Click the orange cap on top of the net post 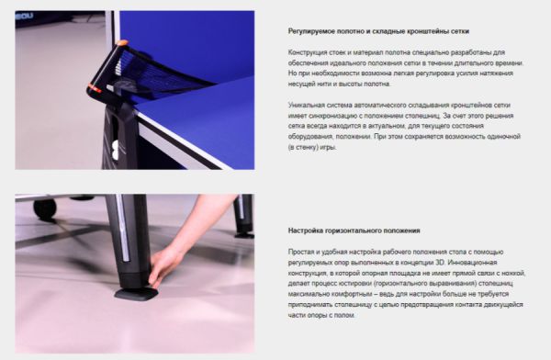click(x=121, y=43)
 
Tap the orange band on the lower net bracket click(x=95, y=88)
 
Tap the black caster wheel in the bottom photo click(x=45, y=208)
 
